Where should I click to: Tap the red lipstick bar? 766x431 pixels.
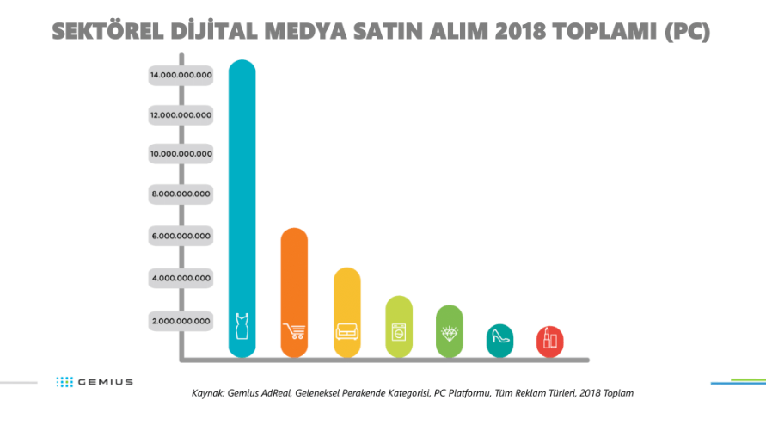click(x=548, y=342)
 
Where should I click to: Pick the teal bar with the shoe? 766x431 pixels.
click(x=499, y=340)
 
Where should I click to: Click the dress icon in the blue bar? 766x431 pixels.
click(x=242, y=328)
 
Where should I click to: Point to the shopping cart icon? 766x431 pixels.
click(x=294, y=331)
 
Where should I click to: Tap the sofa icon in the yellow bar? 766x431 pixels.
click(x=346, y=331)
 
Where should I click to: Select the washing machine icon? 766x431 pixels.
click(x=399, y=331)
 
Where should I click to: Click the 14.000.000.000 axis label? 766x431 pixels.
click(x=181, y=75)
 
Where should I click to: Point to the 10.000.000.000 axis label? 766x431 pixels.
click(x=181, y=154)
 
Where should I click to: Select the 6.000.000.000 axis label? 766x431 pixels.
click(x=181, y=236)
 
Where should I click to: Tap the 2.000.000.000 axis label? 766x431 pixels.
click(x=181, y=321)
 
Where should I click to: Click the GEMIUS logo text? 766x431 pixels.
click(x=105, y=381)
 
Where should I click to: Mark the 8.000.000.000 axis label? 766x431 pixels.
click(x=181, y=194)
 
